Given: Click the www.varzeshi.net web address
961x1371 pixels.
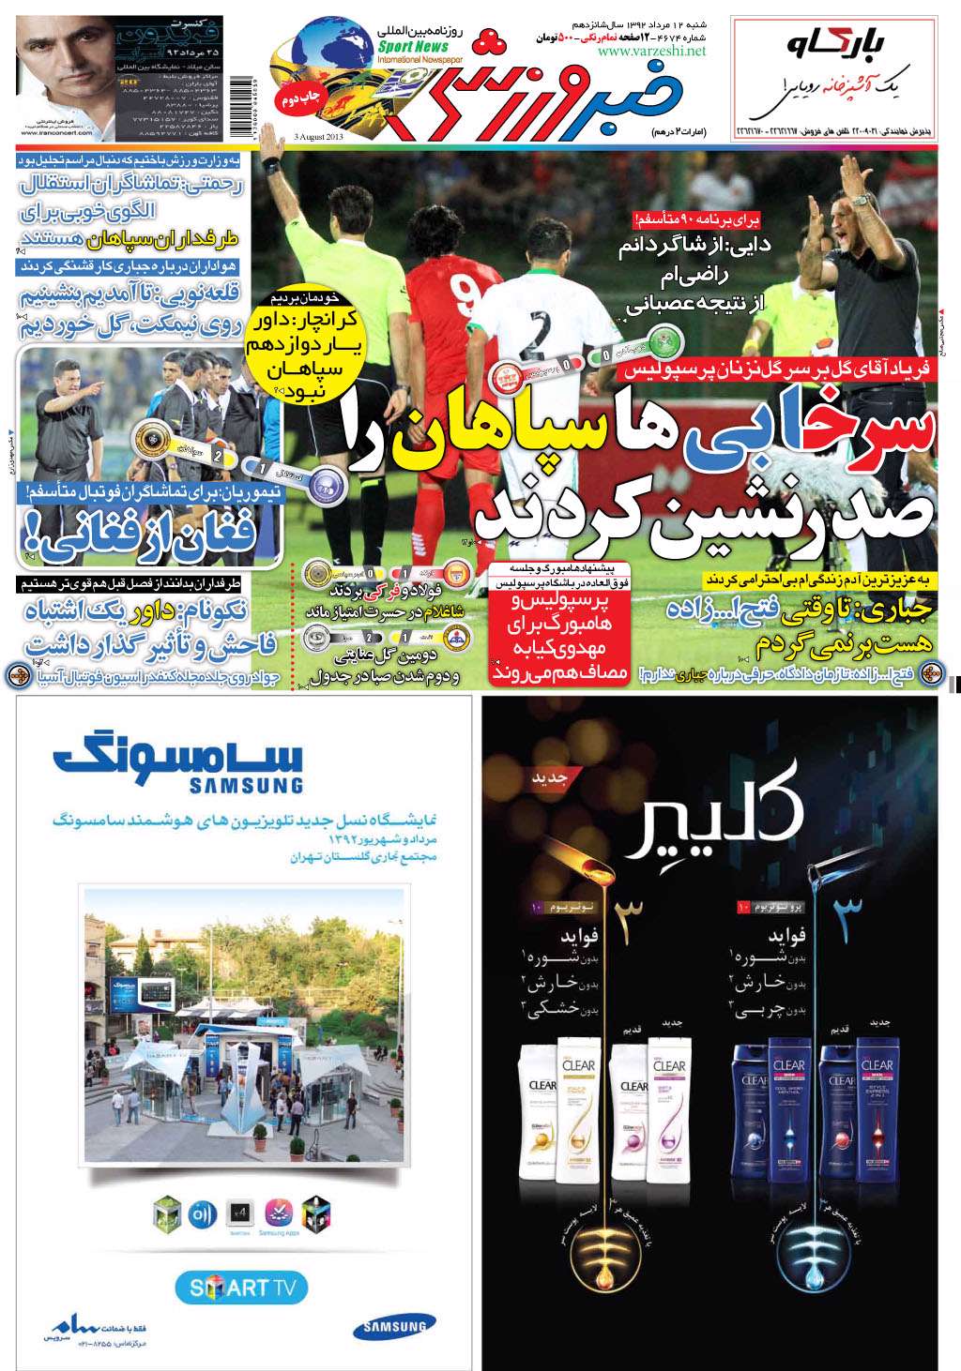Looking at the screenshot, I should tap(650, 52).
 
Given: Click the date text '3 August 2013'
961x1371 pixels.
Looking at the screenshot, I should tap(317, 138).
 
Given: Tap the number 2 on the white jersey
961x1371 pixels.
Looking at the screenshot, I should tap(539, 331).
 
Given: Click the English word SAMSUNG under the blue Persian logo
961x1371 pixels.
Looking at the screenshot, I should tap(246, 785).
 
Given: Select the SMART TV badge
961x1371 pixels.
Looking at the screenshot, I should tap(241, 1288).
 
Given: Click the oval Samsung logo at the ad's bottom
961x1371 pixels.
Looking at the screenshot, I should tap(394, 1326).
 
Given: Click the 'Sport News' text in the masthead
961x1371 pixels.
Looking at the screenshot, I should tap(414, 46).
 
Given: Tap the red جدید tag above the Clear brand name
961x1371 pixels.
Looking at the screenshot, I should tap(545, 777).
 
